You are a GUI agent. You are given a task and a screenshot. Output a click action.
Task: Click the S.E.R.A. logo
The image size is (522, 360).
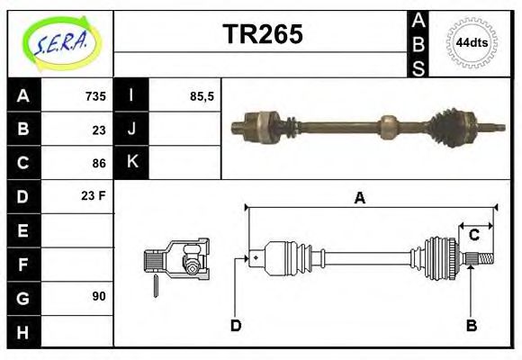(x=60, y=43)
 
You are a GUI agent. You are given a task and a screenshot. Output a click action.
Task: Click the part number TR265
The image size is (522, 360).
(x=262, y=34)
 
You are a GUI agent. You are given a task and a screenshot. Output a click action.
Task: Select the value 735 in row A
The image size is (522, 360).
(x=95, y=96)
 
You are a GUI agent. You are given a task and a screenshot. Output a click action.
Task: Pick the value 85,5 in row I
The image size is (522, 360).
(x=202, y=96)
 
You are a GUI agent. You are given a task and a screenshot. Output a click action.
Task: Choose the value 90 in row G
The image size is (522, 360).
(x=98, y=296)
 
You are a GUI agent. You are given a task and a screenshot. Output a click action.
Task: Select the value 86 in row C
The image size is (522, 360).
(x=98, y=163)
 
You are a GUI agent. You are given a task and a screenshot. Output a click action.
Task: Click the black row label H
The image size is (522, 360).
(x=22, y=331)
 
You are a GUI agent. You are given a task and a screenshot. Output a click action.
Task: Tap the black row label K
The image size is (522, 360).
(x=131, y=163)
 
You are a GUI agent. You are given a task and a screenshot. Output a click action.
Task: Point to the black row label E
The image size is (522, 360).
(x=22, y=230)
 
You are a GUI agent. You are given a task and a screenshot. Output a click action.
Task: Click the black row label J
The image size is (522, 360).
(x=131, y=130)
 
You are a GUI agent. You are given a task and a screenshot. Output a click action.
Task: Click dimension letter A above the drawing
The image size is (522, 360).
(x=359, y=199)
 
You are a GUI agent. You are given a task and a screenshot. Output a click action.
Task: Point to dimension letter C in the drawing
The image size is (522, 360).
(x=473, y=237)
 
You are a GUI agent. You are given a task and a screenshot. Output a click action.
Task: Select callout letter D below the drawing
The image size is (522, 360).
(x=236, y=325)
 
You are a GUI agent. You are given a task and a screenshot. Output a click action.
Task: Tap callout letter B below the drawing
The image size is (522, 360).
(x=471, y=325)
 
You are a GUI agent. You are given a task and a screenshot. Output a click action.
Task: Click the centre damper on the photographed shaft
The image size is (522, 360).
(x=388, y=126)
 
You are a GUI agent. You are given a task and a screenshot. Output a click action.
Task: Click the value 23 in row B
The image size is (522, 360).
(x=98, y=130)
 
